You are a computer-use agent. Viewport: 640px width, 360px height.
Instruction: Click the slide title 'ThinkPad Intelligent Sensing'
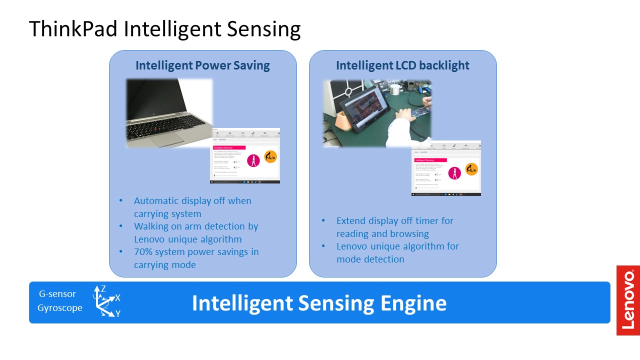(x=164, y=29)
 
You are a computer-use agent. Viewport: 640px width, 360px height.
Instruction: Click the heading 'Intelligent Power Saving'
(x=202, y=65)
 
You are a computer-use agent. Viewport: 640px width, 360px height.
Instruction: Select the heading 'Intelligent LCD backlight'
(x=402, y=65)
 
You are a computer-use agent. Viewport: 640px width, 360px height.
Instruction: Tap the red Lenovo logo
(x=628, y=300)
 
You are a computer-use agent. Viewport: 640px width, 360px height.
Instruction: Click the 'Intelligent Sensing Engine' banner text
(x=319, y=303)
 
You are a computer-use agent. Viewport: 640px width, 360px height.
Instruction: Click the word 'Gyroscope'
(x=60, y=308)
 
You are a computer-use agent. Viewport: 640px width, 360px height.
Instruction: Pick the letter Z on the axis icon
(x=103, y=288)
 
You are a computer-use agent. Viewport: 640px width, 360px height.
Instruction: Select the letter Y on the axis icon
(x=118, y=314)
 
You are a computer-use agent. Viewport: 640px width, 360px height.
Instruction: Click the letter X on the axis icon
(x=118, y=298)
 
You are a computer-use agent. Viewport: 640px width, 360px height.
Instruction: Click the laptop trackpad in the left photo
(x=167, y=139)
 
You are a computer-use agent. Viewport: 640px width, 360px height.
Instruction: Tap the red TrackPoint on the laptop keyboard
(x=158, y=129)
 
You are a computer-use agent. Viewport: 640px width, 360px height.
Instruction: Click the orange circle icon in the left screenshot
(x=270, y=156)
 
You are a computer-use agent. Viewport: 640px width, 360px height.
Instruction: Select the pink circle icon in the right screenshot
(x=455, y=172)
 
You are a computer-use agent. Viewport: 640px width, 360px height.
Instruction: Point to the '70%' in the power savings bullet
(x=144, y=252)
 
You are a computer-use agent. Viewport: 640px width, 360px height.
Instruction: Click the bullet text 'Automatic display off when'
(x=192, y=201)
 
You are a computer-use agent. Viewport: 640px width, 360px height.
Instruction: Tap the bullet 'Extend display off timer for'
(x=395, y=221)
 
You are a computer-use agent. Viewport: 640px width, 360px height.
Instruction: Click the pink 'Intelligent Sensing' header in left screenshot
(x=229, y=148)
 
